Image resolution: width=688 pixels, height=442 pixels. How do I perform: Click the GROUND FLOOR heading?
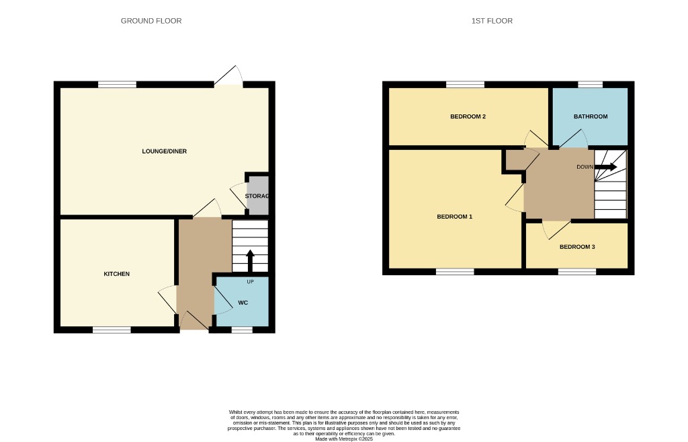151,21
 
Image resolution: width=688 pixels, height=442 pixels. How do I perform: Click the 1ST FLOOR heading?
492,21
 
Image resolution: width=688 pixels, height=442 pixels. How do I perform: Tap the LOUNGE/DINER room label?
164,151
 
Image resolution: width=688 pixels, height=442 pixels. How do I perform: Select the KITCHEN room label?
116,274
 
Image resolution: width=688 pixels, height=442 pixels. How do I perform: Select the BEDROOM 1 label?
455,217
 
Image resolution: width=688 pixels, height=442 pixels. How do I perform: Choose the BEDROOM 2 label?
468,116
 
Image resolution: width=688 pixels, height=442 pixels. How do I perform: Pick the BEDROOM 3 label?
577,247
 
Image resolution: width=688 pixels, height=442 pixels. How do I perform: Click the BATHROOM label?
591,116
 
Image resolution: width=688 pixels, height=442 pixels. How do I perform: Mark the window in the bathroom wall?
591,85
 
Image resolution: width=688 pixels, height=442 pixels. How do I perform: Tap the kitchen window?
112,330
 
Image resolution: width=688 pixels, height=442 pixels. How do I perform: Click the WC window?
242,330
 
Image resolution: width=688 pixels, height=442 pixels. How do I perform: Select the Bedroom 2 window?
465,85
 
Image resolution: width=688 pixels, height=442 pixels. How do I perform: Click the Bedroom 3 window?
576,272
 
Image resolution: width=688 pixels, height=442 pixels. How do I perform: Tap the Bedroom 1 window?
455,272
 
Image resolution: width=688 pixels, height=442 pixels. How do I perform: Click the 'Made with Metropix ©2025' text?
344,439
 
